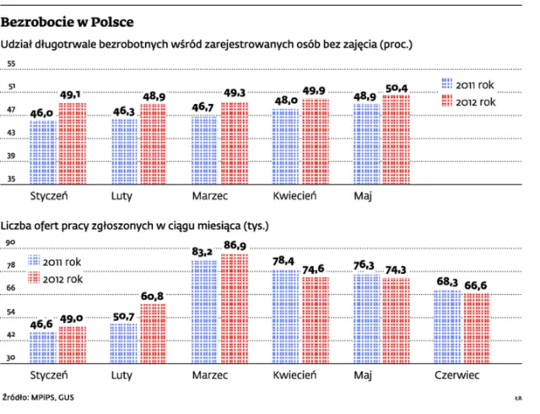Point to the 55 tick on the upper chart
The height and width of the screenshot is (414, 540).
click(12, 64)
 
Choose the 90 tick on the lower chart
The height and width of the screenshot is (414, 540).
click(12, 242)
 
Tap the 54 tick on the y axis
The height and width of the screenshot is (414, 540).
click(12, 312)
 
